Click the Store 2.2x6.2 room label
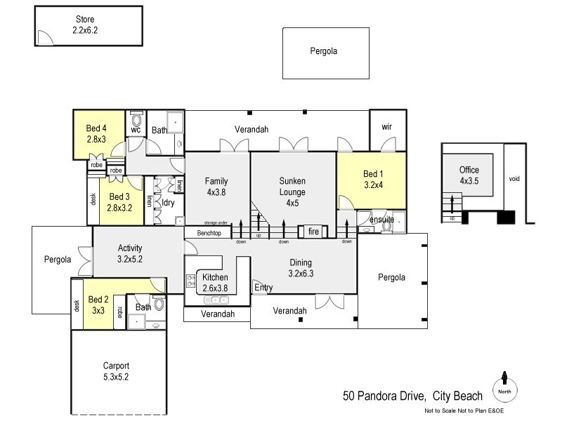87,25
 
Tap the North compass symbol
504,388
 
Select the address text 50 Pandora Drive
385,396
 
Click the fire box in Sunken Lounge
313,231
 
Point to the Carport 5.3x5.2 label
116,371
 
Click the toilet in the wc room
136,119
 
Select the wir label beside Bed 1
386,126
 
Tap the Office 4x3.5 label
469,175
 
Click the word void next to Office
515,179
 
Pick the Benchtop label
209,232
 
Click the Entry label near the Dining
263,288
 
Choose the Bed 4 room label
96,133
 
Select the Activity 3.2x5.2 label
130,253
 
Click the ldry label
169,203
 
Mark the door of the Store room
44,38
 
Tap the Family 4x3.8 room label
216,186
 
